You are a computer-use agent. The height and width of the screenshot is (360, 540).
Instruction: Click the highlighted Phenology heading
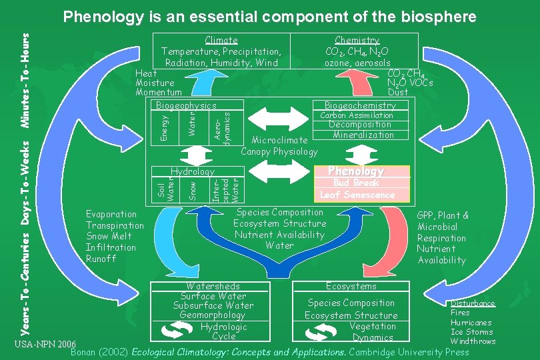pos(356,171)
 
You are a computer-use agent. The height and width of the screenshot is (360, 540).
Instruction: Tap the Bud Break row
pos(356,183)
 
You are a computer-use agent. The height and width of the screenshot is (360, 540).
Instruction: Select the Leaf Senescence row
pos(357,195)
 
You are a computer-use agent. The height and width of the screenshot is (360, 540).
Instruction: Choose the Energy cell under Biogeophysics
pos(165,128)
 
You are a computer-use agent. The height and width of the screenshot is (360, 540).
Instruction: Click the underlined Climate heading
pos(221,40)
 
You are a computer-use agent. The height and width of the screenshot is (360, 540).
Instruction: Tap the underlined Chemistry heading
pos(357,40)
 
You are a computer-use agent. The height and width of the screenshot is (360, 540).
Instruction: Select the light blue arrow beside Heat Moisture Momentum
pos(207,83)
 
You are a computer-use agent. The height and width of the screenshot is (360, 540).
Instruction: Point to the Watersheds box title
pos(213,286)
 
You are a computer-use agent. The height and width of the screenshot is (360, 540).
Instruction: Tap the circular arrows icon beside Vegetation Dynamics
pos(321,332)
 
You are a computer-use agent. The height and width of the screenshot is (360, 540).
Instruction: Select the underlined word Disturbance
pos(473,303)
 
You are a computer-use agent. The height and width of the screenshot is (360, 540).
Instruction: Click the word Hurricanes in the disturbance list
pos(471,323)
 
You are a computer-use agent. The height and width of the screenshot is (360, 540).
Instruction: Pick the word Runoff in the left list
pos(101,259)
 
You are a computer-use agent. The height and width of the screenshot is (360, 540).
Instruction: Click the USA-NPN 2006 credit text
pos(45,344)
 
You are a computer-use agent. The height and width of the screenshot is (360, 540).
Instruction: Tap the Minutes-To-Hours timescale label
pos(25,81)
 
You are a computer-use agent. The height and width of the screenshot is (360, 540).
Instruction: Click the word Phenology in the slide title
pos(103,17)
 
